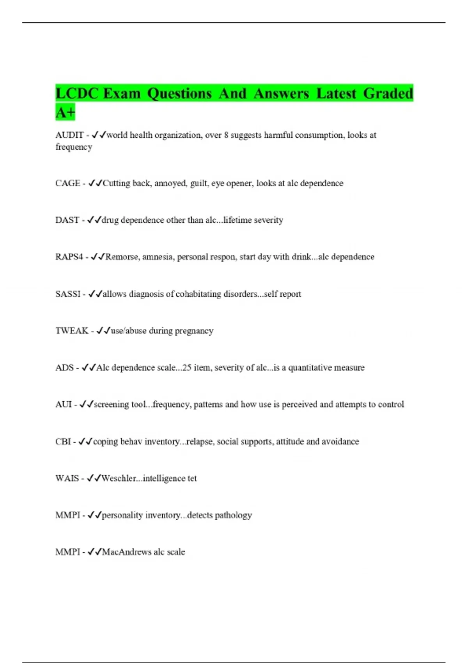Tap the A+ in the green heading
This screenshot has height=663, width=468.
coord(65,112)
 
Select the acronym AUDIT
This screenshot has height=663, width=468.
coord(69,135)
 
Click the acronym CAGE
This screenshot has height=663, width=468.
coord(68,183)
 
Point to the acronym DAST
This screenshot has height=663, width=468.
coord(67,220)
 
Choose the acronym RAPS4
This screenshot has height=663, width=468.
coord(69,257)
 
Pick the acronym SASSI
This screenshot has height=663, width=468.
coord(68,294)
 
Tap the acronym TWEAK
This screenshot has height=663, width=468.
coord(72,331)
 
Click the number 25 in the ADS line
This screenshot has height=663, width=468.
coord(187,368)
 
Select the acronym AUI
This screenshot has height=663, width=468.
coord(64,404)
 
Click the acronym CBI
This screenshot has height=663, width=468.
coord(63,441)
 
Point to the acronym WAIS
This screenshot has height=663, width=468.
coord(67,479)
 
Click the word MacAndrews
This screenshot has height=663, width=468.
coord(126,552)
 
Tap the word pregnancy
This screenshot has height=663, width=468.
coord(194,331)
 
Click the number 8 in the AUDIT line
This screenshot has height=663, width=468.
coord(226,135)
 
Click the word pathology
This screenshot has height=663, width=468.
coord(233,515)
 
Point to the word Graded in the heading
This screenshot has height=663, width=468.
coord(388,94)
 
